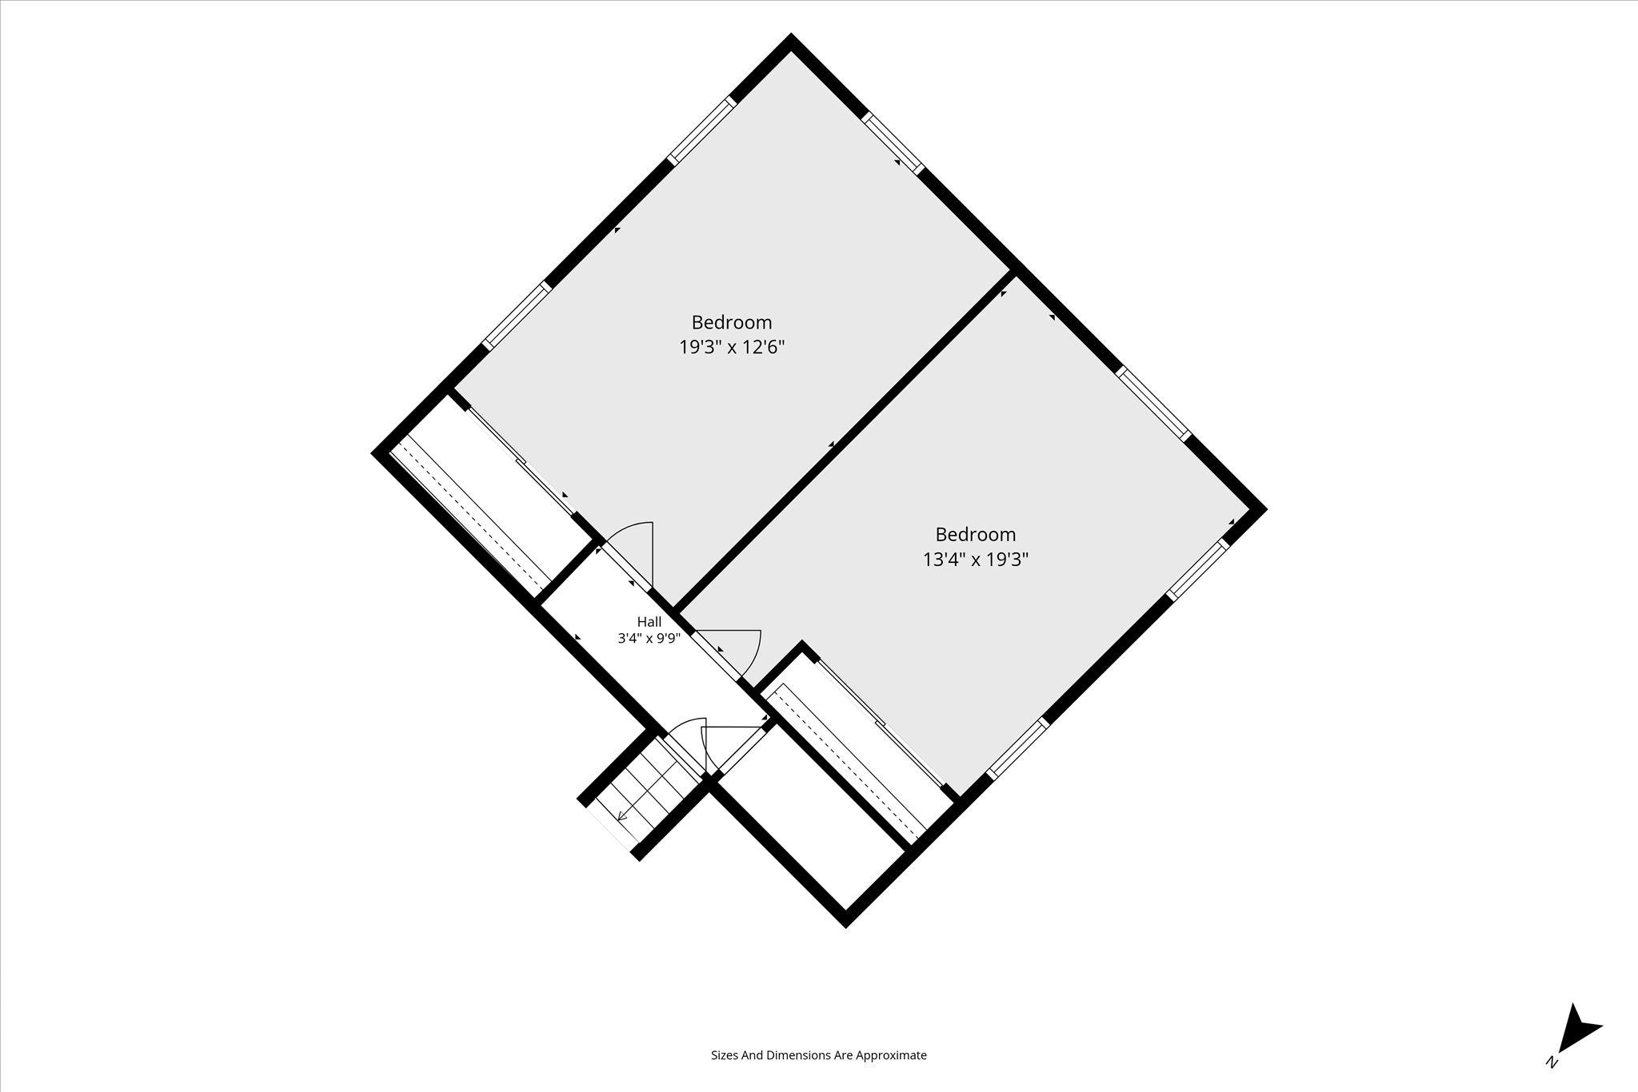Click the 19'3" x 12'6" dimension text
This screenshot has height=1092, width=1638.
(x=732, y=348)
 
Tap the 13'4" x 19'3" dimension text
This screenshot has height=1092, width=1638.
(x=976, y=560)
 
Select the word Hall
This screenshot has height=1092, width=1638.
(x=649, y=621)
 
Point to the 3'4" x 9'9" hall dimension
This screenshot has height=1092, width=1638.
(x=649, y=639)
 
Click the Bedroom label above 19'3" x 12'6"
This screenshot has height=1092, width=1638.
(x=732, y=322)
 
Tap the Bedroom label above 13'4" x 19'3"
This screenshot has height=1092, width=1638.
(x=976, y=534)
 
